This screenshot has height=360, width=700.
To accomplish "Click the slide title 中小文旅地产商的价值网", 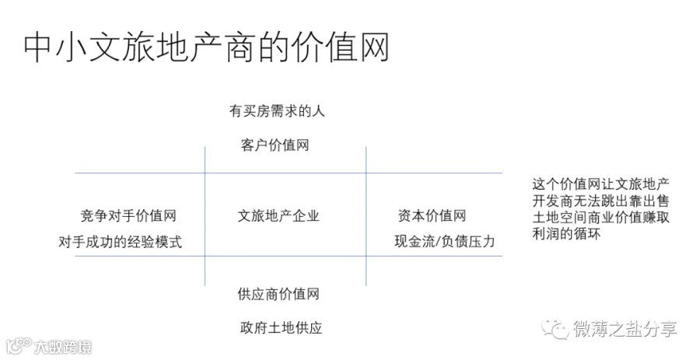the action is [206, 47].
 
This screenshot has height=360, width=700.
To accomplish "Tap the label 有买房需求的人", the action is [277, 110].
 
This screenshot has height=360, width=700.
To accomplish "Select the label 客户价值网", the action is [275, 145].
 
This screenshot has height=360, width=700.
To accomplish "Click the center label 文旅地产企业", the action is [278, 216].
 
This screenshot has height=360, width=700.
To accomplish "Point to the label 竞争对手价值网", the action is [128, 216].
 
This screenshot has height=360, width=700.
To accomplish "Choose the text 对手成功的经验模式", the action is [121, 242].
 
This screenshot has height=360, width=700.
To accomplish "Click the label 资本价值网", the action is [432, 216].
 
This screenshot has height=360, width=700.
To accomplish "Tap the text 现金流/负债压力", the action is [445, 241].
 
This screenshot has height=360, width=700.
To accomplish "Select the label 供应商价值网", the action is [278, 294].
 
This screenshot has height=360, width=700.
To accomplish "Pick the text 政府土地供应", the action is [282, 328].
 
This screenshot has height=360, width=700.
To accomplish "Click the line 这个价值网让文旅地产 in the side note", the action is [601, 184].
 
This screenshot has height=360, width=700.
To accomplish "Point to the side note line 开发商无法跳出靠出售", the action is [601, 201].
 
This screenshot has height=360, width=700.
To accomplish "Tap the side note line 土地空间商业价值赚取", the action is [601, 217].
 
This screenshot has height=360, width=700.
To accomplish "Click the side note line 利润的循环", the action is [566, 233].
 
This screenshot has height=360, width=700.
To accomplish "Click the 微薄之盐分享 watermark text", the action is [625, 329].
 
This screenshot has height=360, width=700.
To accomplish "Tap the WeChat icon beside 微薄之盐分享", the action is [555, 330].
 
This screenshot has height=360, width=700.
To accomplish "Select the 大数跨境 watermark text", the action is [64, 347].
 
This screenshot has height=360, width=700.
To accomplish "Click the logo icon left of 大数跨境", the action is [19, 346].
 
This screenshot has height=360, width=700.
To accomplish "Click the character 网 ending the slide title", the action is [374, 47].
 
